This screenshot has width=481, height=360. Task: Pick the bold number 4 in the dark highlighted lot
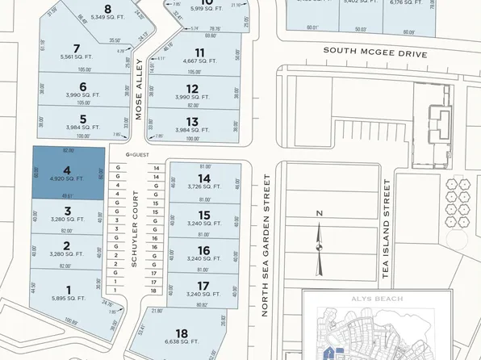tap(68, 170)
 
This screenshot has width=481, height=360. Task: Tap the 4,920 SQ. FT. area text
tap(68, 179)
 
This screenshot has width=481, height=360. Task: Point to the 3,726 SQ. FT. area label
tap(204, 187)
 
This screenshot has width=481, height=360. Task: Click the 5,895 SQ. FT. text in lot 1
tap(68, 298)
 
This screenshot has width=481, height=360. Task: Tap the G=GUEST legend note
tap(139, 156)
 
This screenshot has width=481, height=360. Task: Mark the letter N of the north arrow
tap(319, 213)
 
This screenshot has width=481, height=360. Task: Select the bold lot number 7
tap(76, 48)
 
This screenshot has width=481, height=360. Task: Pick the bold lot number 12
tap(192, 89)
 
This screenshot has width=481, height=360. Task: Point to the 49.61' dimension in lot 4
tap(67, 195)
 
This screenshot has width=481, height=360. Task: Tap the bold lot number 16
tap(204, 250)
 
